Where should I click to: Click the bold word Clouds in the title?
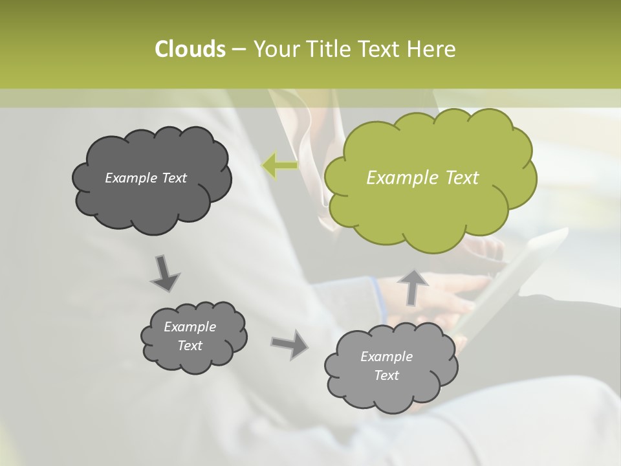coord(190,49)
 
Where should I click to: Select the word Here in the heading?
coord(433,49)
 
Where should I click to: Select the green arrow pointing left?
coord(280,166)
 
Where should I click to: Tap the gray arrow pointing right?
coord(290,344)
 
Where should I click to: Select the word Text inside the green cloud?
coord(462,178)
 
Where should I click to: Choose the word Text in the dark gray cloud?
coord(173,178)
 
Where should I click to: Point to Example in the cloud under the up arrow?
coord(386,357)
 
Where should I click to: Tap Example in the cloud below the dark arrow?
coord(190,327)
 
